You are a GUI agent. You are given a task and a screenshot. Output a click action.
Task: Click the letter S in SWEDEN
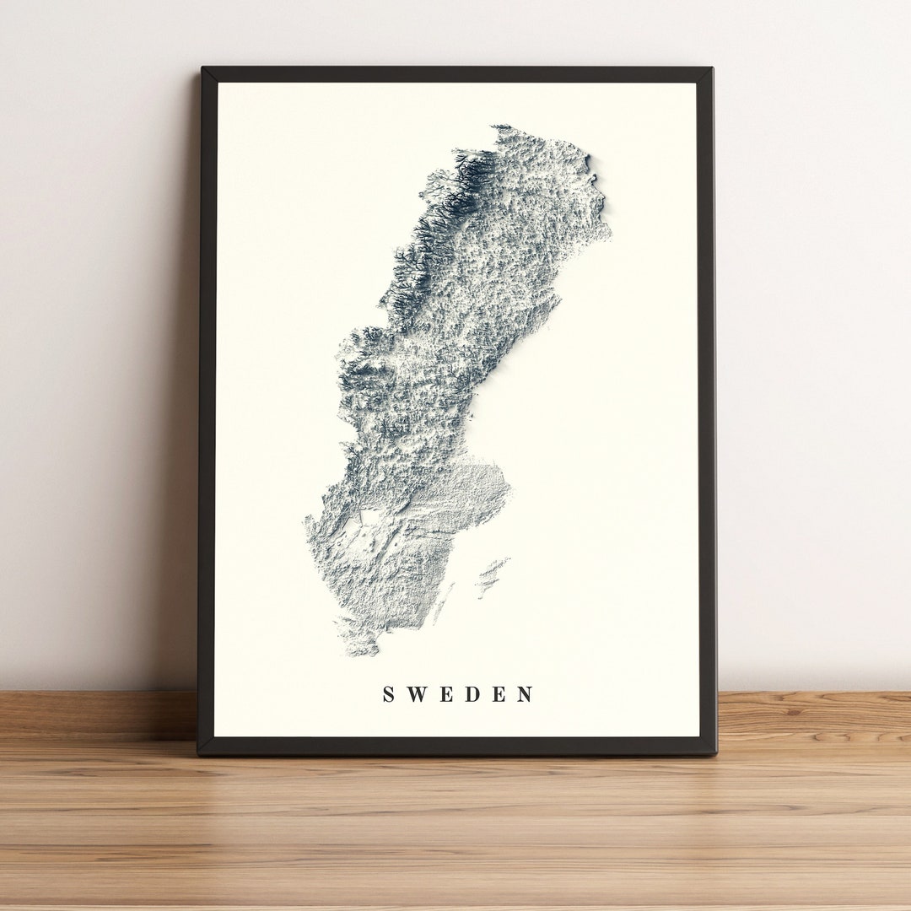click(x=389, y=694)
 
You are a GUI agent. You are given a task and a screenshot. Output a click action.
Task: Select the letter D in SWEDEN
click(x=472, y=694)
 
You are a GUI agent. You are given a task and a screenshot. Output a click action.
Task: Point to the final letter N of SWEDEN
click(x=526, y=694)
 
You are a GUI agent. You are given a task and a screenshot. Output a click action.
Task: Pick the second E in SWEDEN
click(x=499, y=694)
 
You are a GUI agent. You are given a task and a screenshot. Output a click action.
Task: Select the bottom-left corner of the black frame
click(x=199, y=752)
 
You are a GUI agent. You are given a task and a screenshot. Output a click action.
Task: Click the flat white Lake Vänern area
click(x=369, y=516)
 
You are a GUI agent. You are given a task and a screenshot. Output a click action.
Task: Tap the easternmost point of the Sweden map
click(x=609, y=226)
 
